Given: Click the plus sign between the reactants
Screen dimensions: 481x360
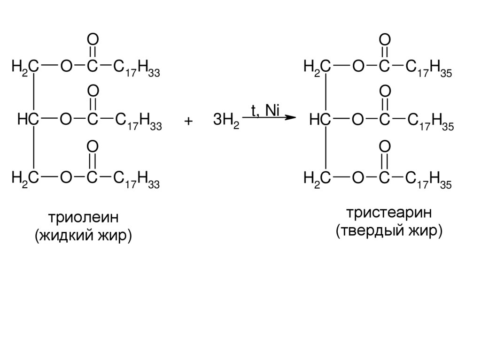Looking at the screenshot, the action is coord(188,121).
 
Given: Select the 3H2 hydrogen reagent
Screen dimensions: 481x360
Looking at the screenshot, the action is coord(226,121).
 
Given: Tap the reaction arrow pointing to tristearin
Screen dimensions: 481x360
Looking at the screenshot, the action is coord(270,118).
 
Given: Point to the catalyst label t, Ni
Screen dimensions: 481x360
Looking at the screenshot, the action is coord(265,109).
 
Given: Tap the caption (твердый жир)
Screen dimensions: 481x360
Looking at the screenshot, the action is coord(389,230).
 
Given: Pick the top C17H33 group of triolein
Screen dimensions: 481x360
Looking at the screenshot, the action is coord(138,69).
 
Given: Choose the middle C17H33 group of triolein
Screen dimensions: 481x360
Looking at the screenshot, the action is coord(138,122).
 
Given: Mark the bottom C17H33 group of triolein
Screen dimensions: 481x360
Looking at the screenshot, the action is coord(138,179).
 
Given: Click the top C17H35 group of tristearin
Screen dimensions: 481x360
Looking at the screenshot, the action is coord(429,69).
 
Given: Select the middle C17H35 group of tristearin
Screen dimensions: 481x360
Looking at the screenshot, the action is coord(429,122).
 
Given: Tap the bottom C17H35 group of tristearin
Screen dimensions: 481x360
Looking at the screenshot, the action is coord(429,179).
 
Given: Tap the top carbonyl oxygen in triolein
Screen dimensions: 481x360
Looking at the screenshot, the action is coord(93,38).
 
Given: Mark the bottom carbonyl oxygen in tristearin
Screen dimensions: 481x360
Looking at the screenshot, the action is coord(385,148).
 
